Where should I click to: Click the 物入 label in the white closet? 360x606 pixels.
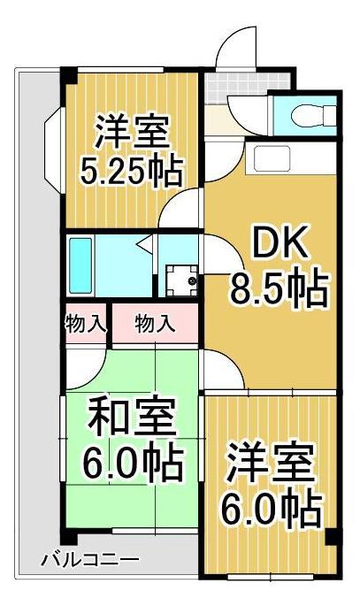(85, 324)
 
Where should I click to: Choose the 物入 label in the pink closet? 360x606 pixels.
(154, 324)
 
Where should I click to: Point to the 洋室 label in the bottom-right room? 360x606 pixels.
(271, 463)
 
